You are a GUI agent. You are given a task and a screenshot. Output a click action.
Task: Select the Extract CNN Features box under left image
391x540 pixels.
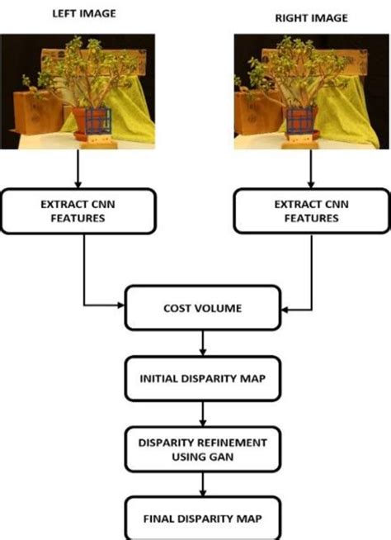(x=78, y=211)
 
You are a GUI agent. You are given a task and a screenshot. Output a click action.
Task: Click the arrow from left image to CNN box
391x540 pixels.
(x=78, y=169)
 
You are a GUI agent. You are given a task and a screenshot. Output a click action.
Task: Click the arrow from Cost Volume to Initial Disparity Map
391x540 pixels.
(x=204, y=343)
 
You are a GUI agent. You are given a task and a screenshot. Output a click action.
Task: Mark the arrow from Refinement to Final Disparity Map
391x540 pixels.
(x=204, y=481)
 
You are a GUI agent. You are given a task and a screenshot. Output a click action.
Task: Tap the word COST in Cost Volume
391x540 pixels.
(x=176, y=310)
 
